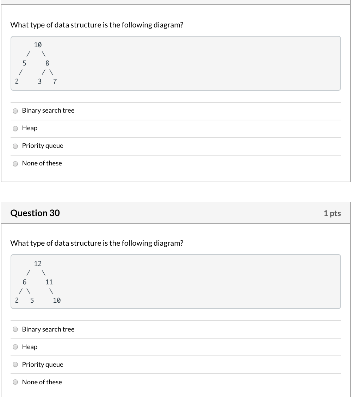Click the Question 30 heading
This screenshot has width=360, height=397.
click(x=35, y=213)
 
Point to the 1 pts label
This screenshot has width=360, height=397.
click(x=332, y=213)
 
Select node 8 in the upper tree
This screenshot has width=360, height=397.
click(x=48, y=63)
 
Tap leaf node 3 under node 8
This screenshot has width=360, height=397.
click(x=39, y=82)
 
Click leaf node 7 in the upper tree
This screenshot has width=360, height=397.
click(x=55, y=82)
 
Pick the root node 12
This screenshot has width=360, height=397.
click(x=38, y=264)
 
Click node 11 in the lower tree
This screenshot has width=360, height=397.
click(x=49, y=282)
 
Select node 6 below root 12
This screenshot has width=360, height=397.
click(x=24, y=282)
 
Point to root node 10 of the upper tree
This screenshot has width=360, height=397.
click(x=38, y=45)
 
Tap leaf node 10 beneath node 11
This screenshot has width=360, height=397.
click(x=57, y=301)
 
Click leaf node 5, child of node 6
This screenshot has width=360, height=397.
click(x=32, y=301)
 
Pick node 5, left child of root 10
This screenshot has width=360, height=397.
click(x=24, y=63)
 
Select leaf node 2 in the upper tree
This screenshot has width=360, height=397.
click(x=17, y=82)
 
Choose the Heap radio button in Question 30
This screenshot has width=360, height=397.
click(x=15, y=347)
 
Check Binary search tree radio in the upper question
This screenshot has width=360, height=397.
click(x=15, y=111)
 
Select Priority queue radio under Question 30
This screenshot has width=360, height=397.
click(x=15, y=365)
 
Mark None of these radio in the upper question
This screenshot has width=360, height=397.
click(x=15, y=164)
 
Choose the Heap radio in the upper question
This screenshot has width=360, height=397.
click(x=15, y=128)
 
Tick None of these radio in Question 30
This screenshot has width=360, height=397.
click(x=15, y=382)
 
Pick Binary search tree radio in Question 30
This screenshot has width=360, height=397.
click(x=15, y=329)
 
